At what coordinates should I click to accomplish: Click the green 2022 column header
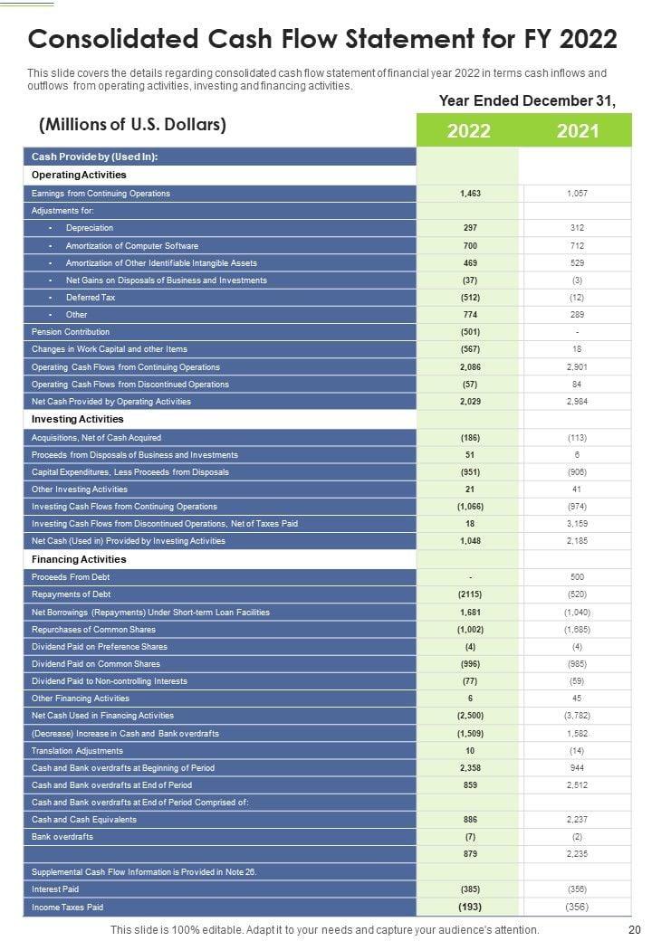click(468, 131)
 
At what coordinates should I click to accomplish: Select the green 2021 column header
click(577, 131)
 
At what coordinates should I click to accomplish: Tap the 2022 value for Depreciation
click(469, 228)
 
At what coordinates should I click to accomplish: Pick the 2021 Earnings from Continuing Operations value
click(577, 194)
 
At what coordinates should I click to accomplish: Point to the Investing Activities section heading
click(77, 420)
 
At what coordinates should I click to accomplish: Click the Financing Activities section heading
click(79, 559)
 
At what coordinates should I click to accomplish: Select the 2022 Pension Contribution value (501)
click(469, 332)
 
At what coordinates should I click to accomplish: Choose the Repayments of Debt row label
click(71, 594)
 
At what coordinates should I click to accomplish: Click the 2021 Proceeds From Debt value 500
click(577, 577)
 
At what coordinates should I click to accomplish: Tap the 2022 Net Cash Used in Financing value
click(469, 716)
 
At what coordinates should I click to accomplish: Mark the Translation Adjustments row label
click(77, 751)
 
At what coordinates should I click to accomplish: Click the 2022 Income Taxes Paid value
click(469, 907)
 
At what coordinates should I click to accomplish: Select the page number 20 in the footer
click(634, 929)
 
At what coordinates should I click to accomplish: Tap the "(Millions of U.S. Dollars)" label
click(133, 125)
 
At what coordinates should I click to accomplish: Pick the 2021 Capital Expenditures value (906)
click(577, 472)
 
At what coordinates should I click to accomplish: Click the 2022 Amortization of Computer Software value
click(469, 246)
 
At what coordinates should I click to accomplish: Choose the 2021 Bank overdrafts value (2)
click(577, 837)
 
